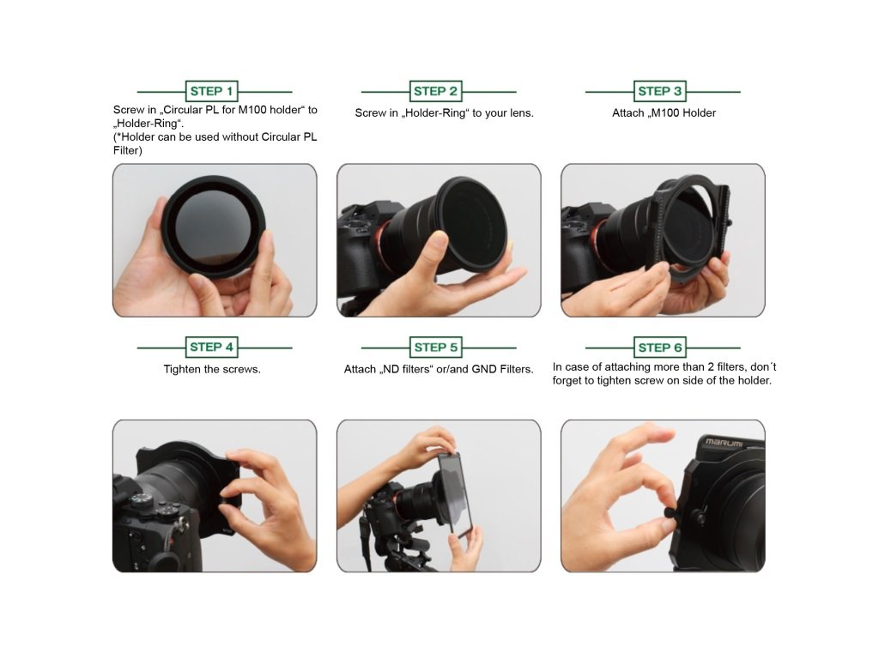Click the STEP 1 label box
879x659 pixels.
pos(211,91)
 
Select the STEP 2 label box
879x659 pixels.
pos(435,91)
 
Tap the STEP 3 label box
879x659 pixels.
pos(660,91)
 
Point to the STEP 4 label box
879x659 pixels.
pos(211,348)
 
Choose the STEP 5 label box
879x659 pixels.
pos(435,348)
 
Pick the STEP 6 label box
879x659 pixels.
pos(660,348)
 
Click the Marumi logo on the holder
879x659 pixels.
pos(724,443)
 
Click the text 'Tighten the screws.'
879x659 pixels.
pos(212,369)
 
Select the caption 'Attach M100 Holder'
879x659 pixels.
pos(664,113)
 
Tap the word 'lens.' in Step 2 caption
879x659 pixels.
pos(521,113)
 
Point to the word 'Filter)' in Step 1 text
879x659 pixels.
pos(128,151)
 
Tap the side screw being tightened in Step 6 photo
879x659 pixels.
pos(670,512)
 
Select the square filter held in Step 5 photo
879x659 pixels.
pos(455,493)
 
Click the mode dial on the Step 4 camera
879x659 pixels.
pos(141,500)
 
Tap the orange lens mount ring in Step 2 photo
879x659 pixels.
pos(385,241)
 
